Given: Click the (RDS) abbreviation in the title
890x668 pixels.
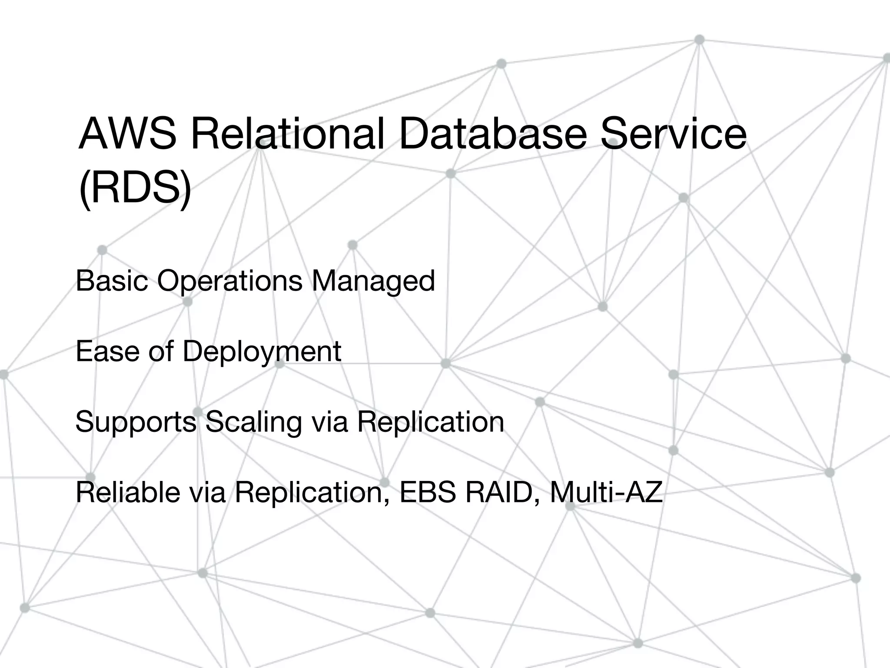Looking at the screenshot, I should (x=135, y=190).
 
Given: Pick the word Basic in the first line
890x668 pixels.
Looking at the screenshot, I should (x=112, y=281).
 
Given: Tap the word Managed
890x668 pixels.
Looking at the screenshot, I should (x=373, y=281).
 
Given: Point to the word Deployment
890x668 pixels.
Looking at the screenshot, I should (x=262, y=351).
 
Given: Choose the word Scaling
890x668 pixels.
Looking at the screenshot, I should (x=253, y=421).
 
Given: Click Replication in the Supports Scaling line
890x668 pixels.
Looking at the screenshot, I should (x=430, y=421).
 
